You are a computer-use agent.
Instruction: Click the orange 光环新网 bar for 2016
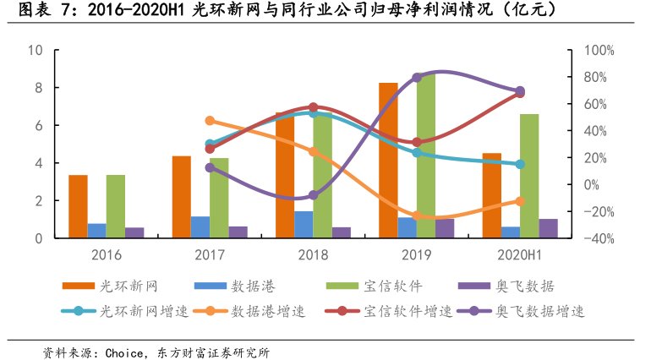click(78, 207)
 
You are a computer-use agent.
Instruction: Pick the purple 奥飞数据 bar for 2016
click(134, 232)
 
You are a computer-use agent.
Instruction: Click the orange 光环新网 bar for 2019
click(388, 161)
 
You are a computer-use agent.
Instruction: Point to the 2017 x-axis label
click(210, 254)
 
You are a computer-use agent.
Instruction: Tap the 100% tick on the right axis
click(592, 50)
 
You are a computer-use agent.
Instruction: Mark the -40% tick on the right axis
click(592, 238)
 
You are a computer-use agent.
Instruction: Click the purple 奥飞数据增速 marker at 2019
click(417, 78)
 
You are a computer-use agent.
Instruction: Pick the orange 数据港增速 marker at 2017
click(211, 121)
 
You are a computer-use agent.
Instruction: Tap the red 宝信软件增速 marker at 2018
click(314, 107)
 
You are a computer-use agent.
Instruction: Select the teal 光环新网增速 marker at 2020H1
click(520, 164)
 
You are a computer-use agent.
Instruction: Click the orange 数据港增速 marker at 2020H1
click(520, 201)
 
